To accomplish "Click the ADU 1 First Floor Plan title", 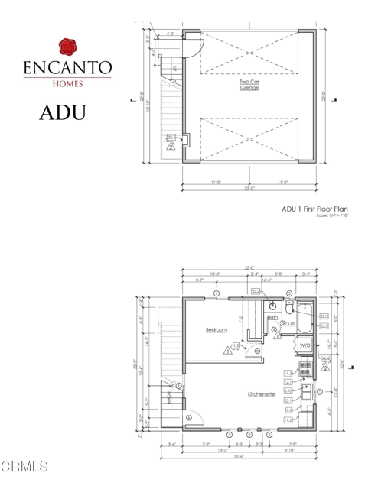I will coord(314,208).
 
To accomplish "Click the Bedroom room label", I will coord(216,329).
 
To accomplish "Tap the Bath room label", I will coord(272,316).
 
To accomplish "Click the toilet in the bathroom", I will coord(288,307).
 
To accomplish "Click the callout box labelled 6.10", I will coord(288,390).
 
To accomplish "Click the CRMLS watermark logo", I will coord(25,466).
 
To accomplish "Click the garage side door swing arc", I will coord(193,44).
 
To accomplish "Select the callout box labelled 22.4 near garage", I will coord(170,138).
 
